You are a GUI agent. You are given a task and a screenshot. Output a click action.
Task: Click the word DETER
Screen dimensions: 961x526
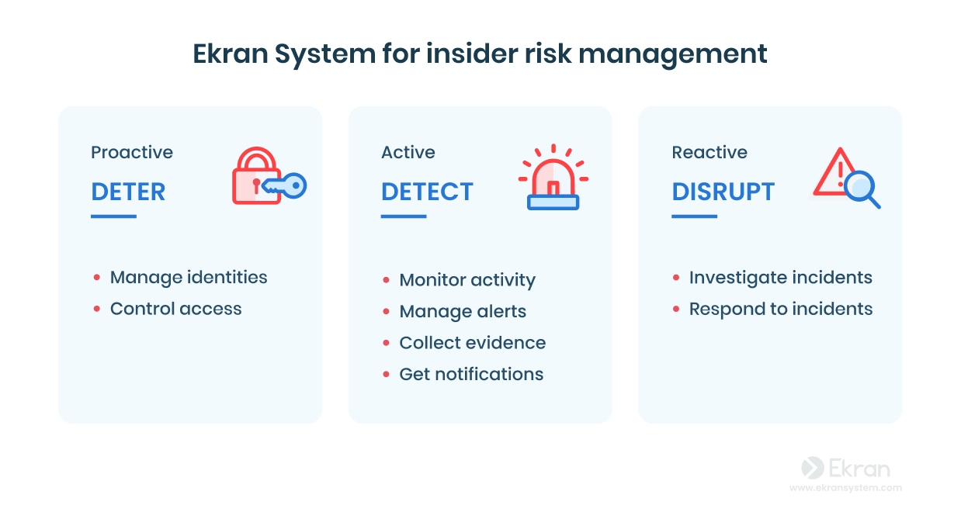[x=128, y=192]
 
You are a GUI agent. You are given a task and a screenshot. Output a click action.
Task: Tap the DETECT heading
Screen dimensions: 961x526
[x=427, y=192]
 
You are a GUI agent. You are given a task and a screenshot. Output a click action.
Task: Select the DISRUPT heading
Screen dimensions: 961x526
[x=723, y=192]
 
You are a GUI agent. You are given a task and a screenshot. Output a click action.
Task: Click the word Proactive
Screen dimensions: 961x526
[x=132, y=152]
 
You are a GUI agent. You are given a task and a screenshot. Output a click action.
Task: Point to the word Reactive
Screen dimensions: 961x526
[x=709, y=152]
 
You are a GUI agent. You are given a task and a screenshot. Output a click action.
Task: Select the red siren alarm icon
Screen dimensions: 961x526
[x=553, y=177]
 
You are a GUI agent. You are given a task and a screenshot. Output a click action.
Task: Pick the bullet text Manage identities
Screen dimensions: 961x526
[x=189, y=278]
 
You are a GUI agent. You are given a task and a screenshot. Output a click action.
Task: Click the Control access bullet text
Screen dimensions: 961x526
[x=176, y=309]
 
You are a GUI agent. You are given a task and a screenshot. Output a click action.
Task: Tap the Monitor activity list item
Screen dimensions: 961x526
[x=467, y=280]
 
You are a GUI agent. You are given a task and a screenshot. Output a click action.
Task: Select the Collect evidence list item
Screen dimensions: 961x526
[x=472, y=343]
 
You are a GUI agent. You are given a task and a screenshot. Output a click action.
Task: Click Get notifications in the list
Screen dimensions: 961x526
[x=471, y=374]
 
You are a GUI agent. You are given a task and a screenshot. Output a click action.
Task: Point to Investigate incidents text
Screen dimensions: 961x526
[x=780, y=278]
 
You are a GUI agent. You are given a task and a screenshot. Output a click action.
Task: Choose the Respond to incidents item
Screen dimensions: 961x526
[x=781, y=309]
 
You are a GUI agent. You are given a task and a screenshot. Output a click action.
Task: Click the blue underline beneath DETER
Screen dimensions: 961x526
[x=113, y=216]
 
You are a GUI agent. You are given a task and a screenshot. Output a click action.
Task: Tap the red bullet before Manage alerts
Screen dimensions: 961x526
[x=386, y=312]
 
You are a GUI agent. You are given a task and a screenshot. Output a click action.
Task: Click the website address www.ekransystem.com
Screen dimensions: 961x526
[x=845, y=488]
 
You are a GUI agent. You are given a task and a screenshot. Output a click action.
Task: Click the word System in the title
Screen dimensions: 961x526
[x=325, y=54]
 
